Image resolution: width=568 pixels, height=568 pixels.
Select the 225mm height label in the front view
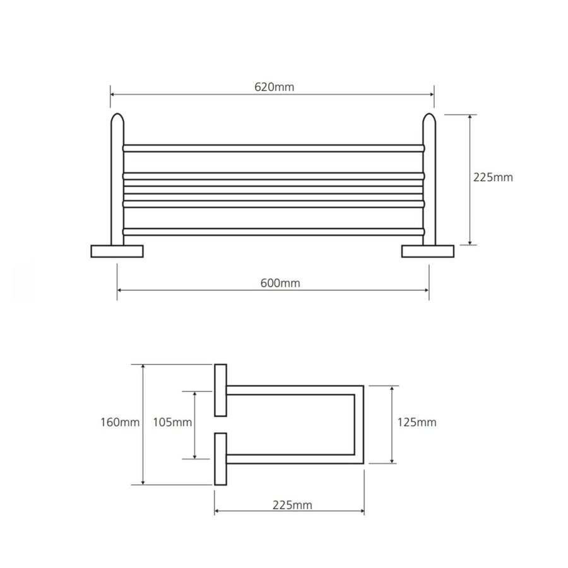(x=493, y=178)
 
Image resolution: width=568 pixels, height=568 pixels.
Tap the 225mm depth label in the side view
(x=292, y=504)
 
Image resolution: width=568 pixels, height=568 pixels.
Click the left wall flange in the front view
(x=117, y=251)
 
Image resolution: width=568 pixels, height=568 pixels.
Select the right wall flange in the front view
(x=429, y=251)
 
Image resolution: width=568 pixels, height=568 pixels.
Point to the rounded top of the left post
(x=117, y=119)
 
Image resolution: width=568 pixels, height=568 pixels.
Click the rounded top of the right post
(x=429, y=119)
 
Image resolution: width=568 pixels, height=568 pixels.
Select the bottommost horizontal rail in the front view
(x=273, y=232)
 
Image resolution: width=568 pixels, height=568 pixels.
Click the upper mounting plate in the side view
(x=220, y=390)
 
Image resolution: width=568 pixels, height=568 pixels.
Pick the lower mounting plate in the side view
(x=220, y=459)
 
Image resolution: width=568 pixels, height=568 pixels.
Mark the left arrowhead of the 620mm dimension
(x=113, y=94)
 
